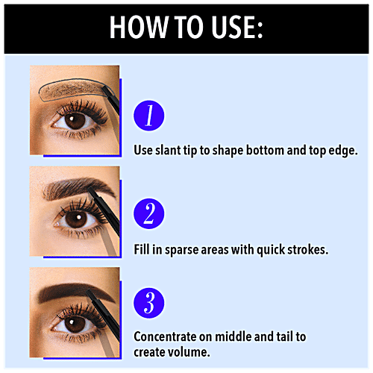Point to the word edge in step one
click(x=344, y=150)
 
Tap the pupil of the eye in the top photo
click(x=72, y=120)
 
